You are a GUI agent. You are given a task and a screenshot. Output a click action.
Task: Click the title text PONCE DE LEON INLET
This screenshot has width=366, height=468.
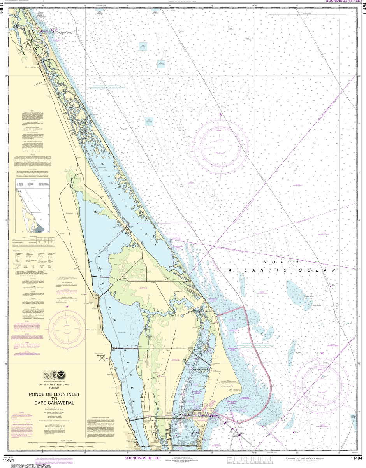pyautogui.click(x=55, y=394)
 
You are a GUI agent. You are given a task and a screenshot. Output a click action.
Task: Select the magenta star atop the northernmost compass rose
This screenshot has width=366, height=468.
pyautogui.click(x=221, y=114)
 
